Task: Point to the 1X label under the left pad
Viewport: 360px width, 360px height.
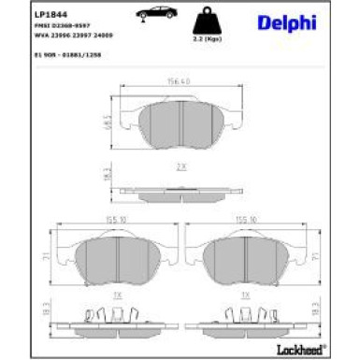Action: click(117, 295)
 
